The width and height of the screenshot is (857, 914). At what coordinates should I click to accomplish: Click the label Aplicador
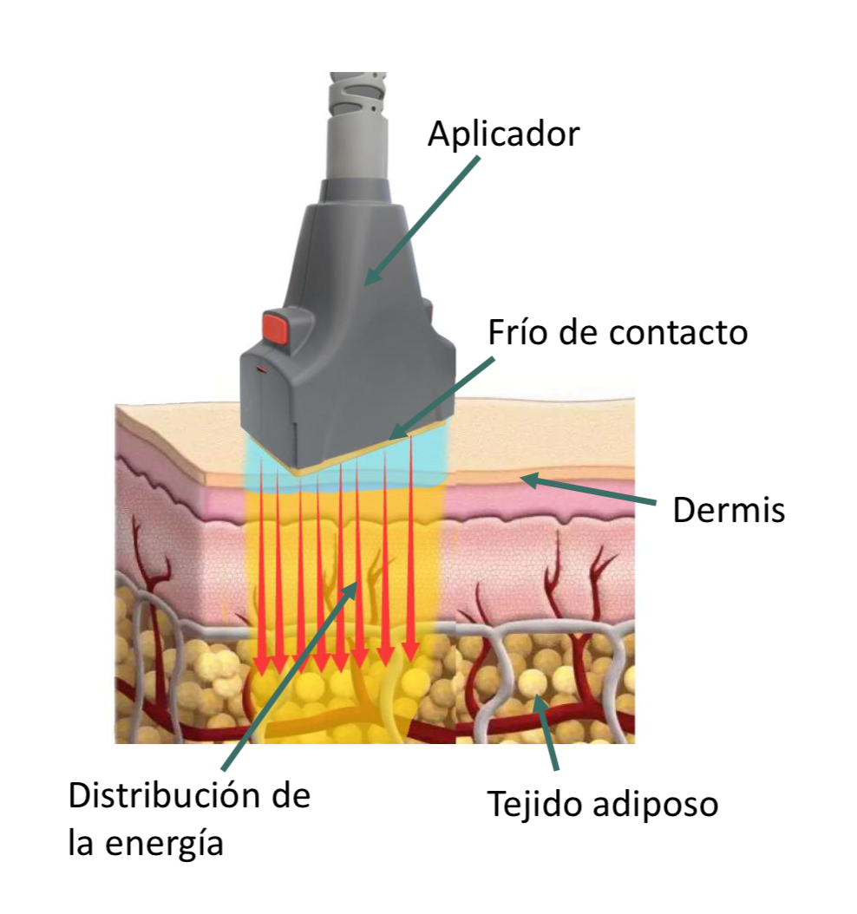(504, 135)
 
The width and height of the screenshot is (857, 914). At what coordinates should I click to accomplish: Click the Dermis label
(729, 509)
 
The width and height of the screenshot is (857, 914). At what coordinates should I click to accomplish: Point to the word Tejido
(536, 805)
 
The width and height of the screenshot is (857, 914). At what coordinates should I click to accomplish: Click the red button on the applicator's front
(277, 327)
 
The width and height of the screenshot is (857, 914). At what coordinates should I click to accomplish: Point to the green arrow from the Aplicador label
(422, 220)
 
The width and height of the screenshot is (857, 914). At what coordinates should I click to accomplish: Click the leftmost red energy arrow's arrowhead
(262, 666)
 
